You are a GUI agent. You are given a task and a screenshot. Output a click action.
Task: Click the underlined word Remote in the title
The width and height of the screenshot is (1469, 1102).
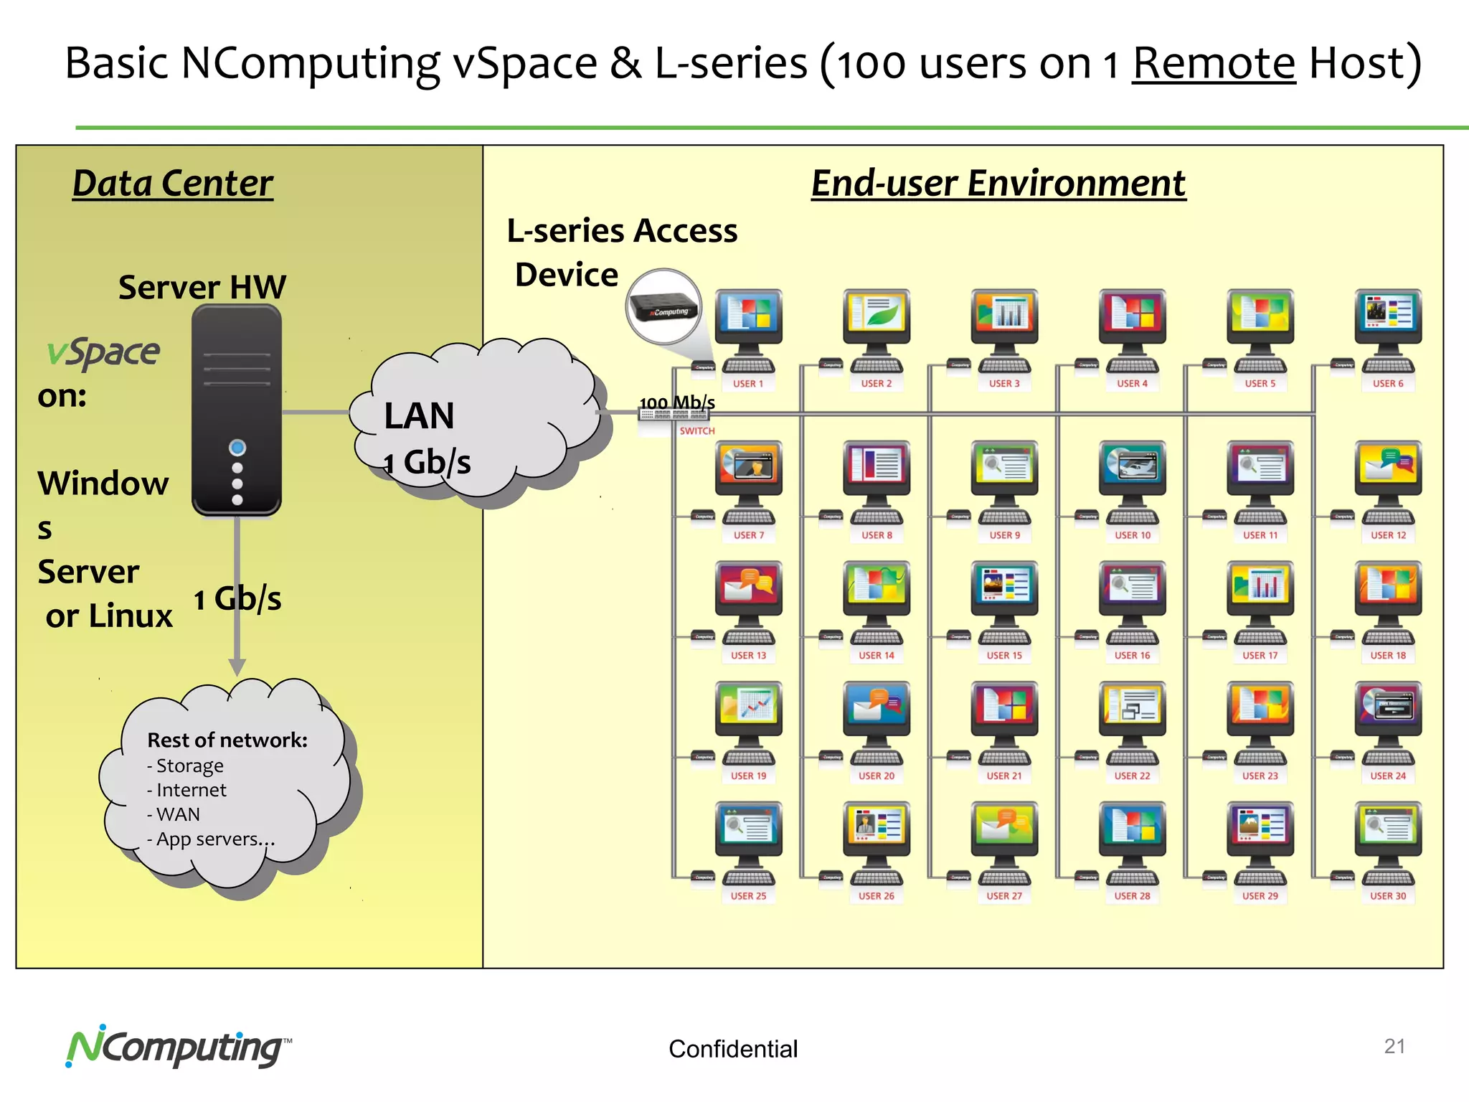1214,63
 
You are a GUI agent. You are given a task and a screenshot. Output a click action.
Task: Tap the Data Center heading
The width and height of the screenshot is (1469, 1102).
173,183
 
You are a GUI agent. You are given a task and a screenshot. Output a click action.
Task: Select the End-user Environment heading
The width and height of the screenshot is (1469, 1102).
998,183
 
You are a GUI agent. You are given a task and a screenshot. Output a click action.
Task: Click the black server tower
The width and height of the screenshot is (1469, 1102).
237,409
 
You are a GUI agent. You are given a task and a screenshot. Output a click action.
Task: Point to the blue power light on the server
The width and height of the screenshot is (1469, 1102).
237,448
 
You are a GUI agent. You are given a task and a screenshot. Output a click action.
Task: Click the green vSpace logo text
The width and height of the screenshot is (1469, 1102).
103,352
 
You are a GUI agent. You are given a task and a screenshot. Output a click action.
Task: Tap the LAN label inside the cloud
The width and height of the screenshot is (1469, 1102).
419,416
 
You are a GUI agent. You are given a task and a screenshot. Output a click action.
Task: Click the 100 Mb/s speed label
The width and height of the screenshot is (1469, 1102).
676,402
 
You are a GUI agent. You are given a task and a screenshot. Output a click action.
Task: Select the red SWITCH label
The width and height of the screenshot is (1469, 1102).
697,431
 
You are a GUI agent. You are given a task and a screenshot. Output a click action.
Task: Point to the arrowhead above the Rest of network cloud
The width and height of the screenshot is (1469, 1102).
237,667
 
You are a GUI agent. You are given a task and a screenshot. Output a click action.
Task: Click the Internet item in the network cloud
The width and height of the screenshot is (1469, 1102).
190,790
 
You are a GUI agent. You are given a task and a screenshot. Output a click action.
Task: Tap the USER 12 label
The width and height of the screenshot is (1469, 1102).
1388,535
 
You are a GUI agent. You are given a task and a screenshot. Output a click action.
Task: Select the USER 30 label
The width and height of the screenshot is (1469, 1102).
1388,896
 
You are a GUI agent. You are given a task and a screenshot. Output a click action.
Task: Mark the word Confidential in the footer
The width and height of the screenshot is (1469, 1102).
732,1049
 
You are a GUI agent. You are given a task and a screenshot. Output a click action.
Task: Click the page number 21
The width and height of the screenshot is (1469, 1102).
1394,1046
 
